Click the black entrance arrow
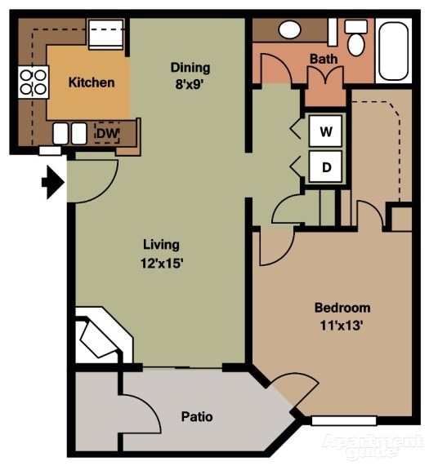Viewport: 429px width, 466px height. point(53,181)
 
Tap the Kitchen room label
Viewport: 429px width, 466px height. point(91,82)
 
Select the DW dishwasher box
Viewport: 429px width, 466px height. point(105,133)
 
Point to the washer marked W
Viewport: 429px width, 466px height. point(325,131)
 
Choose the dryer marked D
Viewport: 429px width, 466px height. point(325,167)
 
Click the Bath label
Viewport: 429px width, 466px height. point(324,59)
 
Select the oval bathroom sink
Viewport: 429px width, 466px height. point(290,30)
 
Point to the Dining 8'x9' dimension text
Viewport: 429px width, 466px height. point(190,74)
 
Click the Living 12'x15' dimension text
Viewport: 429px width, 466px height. point(161,253)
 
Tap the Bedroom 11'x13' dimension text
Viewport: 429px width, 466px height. point(342,316)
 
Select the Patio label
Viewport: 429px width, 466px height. point(196,417)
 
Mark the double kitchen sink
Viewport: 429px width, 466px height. point(69,133)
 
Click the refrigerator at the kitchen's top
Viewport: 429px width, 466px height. point(105,35)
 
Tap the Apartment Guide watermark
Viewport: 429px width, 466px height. point(372,445)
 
